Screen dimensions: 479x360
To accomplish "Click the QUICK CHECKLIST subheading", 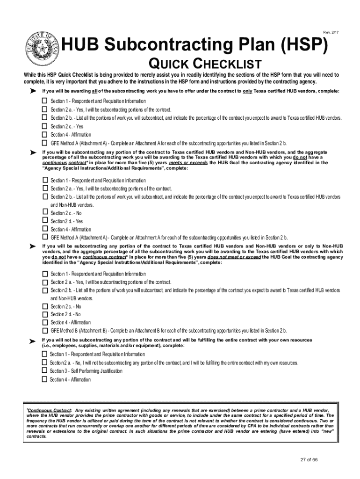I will (204, 64).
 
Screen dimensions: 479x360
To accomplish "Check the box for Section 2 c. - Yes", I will (44, 126).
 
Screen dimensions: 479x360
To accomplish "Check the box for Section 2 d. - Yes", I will (44, 221).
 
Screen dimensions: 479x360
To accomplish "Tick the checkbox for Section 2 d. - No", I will (44, 314).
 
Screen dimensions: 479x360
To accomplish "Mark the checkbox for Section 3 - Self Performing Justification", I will (44, 371).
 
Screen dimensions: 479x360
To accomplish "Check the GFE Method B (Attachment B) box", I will (44, 330).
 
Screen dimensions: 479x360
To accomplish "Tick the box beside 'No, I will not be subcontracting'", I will (44, 363).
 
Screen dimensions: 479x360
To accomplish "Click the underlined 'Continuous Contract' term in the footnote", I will (49, 410).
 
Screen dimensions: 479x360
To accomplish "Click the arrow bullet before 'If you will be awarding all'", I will (33, 91).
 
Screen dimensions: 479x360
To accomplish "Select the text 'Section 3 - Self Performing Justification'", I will (86, 371).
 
